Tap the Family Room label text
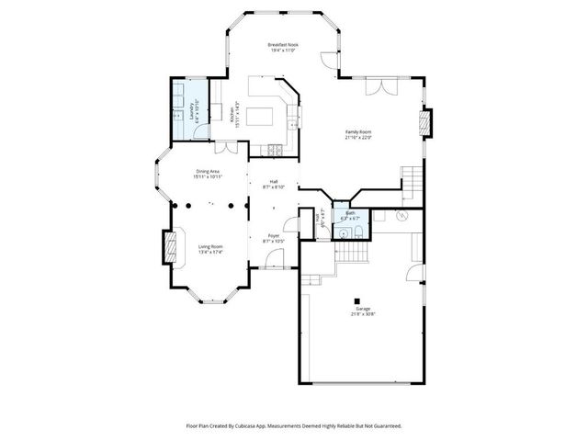(x=357, y=135)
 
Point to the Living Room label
(x=210, y=249)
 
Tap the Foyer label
(x=274, y=238)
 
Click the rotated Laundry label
(x=193, y=110)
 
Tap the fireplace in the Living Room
(x=168, y=245)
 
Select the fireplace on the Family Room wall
(x=424, y=122)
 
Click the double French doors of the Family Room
(x=378, y=85)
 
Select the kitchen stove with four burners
(x=275, y=150)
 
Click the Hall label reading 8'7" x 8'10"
(x=274, y=184)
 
